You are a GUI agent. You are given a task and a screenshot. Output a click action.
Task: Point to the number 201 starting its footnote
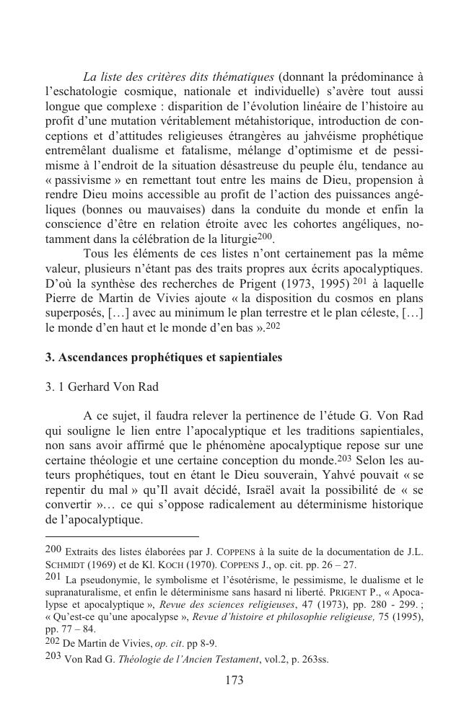click(x=52, y=578)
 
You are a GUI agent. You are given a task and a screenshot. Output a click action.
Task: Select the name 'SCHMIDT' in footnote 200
click(x=68, y=565)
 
